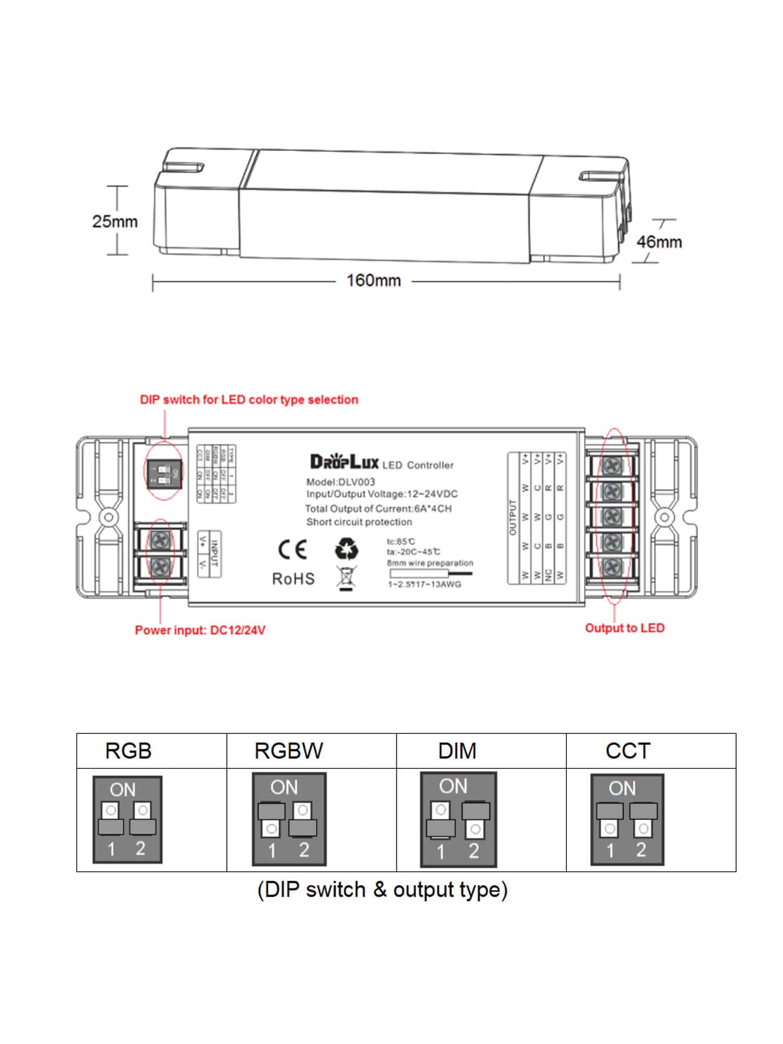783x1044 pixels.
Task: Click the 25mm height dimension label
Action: [115, 221]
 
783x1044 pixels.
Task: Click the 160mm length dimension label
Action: [374, 281]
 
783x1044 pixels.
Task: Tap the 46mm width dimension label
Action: [659, 242]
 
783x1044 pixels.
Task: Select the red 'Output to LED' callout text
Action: [624, 628]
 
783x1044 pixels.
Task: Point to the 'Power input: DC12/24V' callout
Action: [200, 630]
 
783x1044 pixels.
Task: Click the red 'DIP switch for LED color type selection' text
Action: [249, 400]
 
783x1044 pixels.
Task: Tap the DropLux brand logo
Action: [345, 462]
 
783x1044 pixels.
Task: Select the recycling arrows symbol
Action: [346, 549]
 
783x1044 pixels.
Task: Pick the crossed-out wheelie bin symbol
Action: [345, 578]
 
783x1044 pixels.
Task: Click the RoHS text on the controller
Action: [293, 579]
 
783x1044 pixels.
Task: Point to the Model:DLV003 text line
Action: [340, 482]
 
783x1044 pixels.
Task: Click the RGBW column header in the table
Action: [289, 751]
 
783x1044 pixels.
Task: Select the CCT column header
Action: [627, 751]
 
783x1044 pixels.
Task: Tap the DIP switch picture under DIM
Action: [458, 820]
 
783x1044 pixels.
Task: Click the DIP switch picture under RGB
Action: [127, 820]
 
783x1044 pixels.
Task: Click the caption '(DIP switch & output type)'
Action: [382, 890]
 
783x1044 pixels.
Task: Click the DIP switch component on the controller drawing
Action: [164, 474]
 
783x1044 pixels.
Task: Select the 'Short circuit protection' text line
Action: [359, 522]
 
